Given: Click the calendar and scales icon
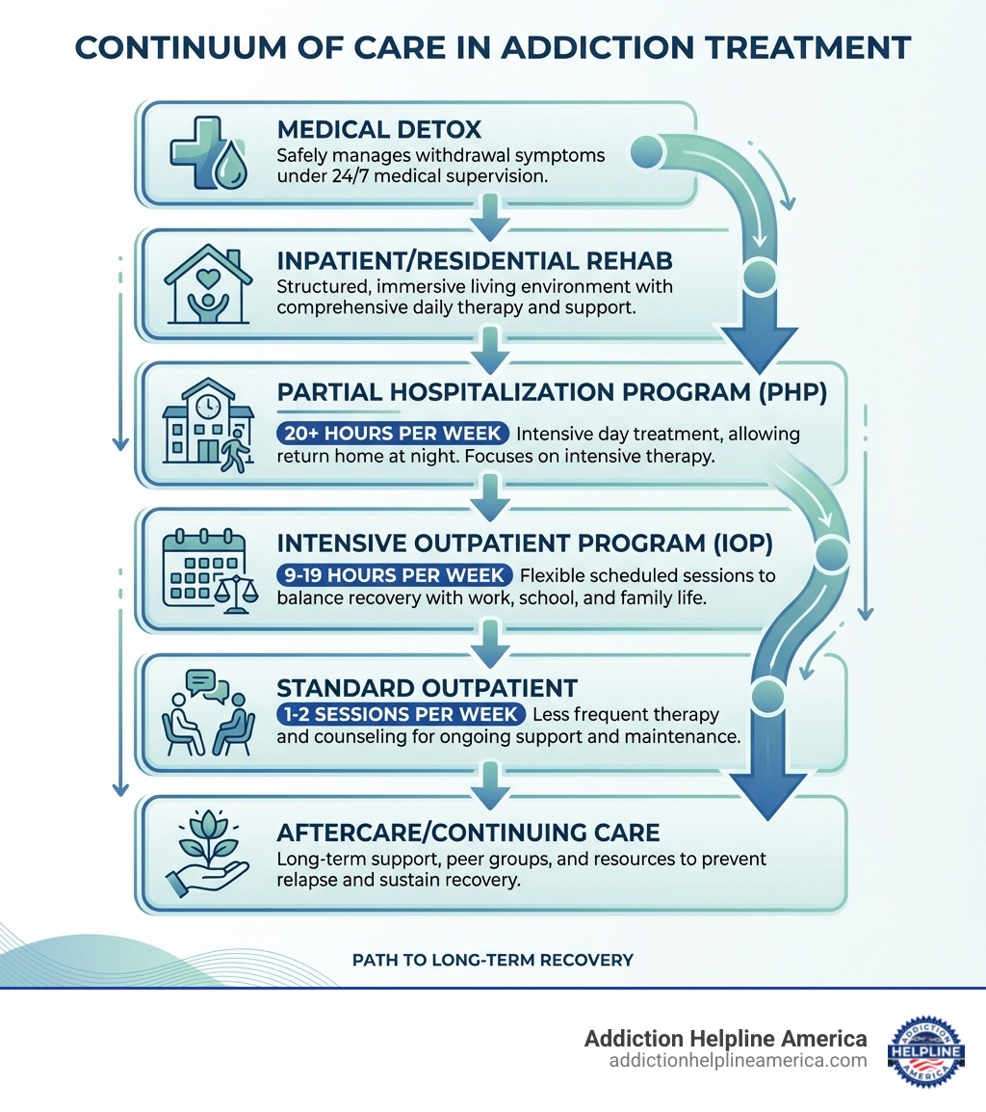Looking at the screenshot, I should (x=206, y=569).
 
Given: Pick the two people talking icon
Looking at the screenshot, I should (x=206, y=712).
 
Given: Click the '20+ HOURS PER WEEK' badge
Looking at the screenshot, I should (x=389, y=434).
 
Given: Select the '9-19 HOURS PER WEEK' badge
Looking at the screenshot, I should (x=393, y=575).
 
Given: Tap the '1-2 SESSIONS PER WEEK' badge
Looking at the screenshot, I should (x=401, y=715).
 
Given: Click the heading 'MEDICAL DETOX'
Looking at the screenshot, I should (x=379, y=129).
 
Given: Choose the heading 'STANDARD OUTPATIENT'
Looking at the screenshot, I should (x=428, y=688).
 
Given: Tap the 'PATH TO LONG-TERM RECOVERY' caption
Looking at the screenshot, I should (x=492, y=960).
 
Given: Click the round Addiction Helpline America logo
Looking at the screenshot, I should (x=925, y=1050).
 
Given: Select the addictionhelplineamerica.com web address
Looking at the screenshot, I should (x=738, y=1060).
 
